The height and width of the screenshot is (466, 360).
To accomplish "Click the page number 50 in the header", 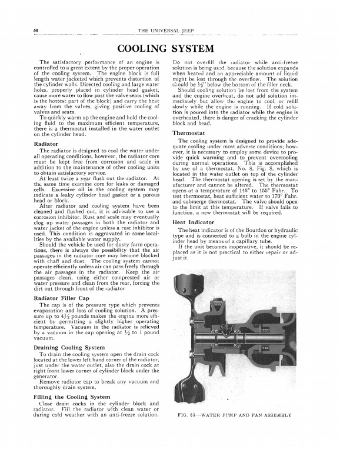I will point(36,29).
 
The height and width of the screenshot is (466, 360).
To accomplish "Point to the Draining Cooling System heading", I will point(70,348).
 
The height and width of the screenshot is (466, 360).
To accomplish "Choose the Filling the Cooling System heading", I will point(71,398).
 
